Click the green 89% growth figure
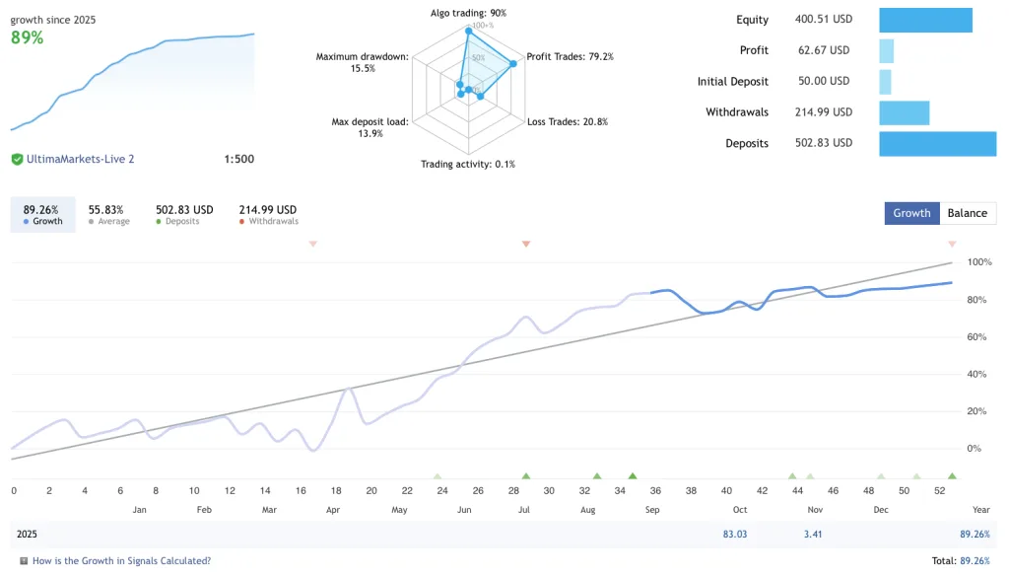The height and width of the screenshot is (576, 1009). (27, 37)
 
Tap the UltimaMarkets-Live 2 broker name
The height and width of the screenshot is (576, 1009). (81, 159)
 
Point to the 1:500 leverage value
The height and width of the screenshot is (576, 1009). (238, 159)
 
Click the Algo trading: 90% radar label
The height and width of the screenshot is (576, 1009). (468, 13)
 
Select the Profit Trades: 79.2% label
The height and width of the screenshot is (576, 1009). (570, 56)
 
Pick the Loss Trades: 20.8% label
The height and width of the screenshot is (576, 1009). (568, 121)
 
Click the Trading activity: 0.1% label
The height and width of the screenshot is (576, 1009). (468, 164)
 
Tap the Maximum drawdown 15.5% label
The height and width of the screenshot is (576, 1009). (362, 62)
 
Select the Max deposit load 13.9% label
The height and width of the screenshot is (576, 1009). (370, 127)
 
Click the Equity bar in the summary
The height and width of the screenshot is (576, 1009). (925, 20)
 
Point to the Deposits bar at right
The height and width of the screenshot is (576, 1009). (937, 143)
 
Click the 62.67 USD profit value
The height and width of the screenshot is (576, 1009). (822, 50)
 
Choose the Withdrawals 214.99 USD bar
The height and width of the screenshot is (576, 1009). (904, 112)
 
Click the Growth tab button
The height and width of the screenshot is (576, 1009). (911, 213)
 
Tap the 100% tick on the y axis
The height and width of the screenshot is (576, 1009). (979, 262)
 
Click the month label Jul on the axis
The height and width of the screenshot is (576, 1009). (524, 510)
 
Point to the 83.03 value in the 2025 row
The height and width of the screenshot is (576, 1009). (734, 534)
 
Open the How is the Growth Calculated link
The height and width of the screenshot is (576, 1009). (121, 560)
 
